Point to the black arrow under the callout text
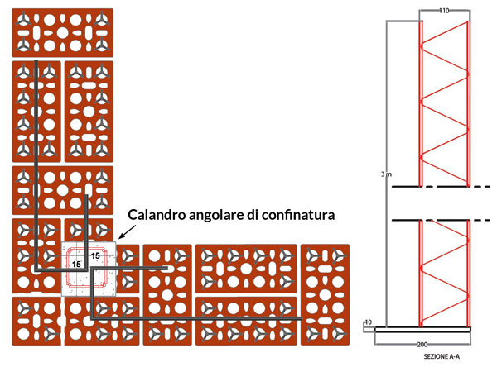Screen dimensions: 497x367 click(127, 231)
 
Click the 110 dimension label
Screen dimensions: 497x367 click(444, 11)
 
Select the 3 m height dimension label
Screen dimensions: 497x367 click(386, 174)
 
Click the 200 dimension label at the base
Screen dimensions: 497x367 click(422, 345)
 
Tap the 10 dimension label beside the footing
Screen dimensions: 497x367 click(368, 322)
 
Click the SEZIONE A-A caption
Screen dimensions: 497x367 click(442, 356)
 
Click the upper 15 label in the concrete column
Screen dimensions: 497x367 click(95, 255)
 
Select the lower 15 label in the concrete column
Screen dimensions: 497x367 click(76, 265)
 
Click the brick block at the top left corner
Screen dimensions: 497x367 click(62, 32)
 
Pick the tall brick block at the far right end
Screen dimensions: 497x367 click(325, 294)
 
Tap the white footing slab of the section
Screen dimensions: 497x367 click(422, 330)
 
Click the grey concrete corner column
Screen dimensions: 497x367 click(89, 269)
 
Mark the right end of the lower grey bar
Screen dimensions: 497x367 click(302, 318)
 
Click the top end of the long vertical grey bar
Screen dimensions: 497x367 click(36, 61)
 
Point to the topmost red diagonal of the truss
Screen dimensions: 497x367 click(444, 32)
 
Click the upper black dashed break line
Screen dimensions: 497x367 click(441, 187)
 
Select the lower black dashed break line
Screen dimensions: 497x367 click(441, 220)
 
